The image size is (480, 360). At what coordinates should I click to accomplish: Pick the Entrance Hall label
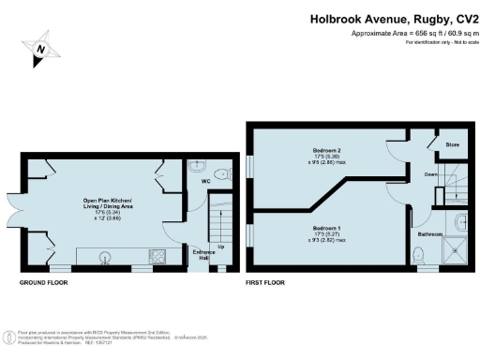coord(204,256)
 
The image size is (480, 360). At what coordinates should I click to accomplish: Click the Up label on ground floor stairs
coord(220,247)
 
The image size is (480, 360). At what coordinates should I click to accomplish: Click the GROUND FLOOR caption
coord(43,281)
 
